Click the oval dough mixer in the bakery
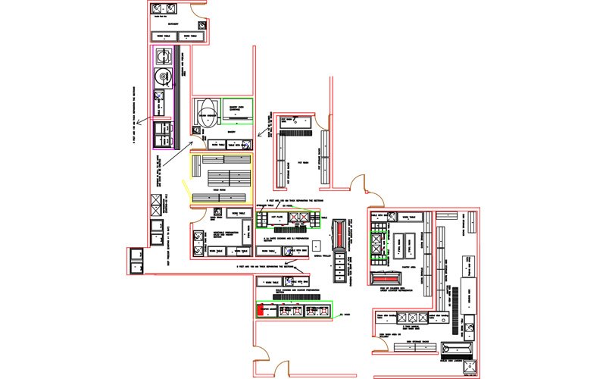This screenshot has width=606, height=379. pyautogui.click(x=205, y=116)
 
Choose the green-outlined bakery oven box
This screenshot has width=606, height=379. pyautogui.click(x=239, y=108)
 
